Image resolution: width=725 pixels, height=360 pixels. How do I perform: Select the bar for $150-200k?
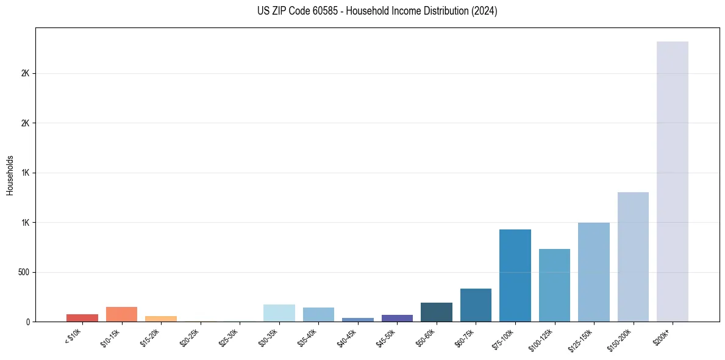click(x=633, y=257)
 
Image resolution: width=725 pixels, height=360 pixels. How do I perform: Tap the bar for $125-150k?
click(x=593, y=272)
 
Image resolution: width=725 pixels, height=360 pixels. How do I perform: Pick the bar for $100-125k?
click(x=554, y=285)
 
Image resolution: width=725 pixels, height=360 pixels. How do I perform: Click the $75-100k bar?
click(x=515, y=275)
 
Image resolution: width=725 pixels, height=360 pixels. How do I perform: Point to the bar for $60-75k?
click(x=476, y=305)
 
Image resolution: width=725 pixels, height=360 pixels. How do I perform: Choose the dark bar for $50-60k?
click(x=436, y=312)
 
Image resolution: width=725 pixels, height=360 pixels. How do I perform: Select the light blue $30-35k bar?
click(x=279, y=313)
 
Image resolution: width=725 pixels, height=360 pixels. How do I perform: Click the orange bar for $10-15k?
click(x=121, y=314)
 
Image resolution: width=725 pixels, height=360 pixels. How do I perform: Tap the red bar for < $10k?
click(x=82, y=318)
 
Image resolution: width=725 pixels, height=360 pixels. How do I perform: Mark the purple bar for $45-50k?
click(x=397, y=318)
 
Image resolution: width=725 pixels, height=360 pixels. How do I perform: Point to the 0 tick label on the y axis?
click(x=27, y=322)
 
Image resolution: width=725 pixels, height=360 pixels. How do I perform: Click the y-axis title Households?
click(x=10, y=175)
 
